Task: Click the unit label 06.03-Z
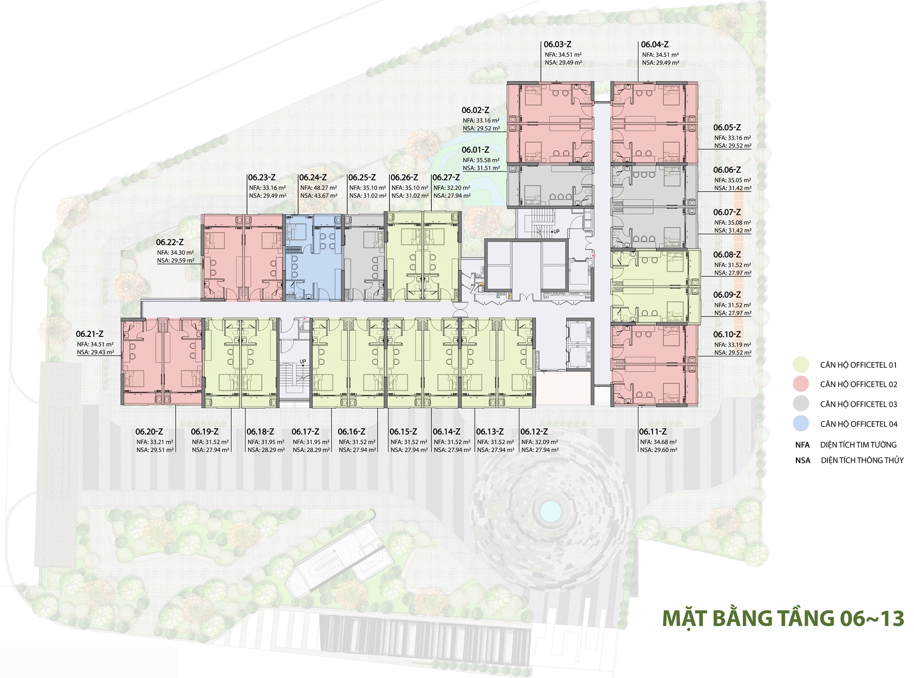(557, 44)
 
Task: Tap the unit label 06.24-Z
(313, 178)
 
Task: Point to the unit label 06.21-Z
(89, 334)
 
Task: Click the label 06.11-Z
(653, 432)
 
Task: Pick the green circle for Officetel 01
(801, 365)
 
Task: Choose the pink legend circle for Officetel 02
(801, 384)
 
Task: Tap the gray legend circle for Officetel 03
(801, 404)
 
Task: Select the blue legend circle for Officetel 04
(801, 424)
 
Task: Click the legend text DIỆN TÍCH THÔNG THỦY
(862, 460)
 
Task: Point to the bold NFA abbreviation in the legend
(802, 445)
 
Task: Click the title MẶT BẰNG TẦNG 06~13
(783, 618)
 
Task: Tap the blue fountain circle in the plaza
(550, 511)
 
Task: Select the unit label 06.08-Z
(727, 255)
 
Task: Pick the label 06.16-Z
(351, 432)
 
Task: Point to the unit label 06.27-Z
(446, 178)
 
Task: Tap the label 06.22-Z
(169, 243)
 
